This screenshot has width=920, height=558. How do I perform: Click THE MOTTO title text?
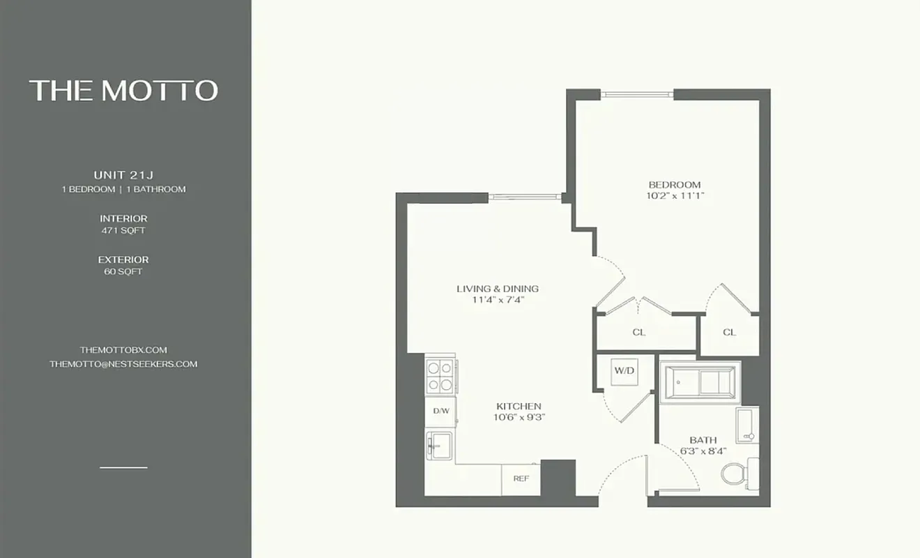(123, 91)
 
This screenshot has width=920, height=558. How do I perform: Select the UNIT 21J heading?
(123, 175)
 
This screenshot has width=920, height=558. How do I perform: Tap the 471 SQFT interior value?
(123, 230)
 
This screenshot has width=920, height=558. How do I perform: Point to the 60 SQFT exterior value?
(123, 271)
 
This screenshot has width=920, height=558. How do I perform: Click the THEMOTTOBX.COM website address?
(123, 349)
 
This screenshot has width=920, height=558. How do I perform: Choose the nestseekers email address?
(123, 363)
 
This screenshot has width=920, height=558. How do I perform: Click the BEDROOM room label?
(674, 185)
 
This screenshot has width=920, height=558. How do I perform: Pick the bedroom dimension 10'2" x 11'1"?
(674, 196)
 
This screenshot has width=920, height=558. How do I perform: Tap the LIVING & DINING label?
(497, 289)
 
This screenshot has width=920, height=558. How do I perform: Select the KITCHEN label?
(519, 406)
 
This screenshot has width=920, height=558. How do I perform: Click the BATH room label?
(703, 440)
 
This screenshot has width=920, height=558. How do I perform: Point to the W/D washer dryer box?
(624, 371)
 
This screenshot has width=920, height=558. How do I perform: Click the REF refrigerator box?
(521, 478)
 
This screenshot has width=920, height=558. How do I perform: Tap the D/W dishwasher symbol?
(440, 411)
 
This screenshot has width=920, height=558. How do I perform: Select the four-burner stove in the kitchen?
(440, 375)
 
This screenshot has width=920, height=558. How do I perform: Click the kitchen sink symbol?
(440, 444)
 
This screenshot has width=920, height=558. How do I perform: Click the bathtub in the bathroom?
(700, 382)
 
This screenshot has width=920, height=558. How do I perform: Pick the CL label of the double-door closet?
(638, 332)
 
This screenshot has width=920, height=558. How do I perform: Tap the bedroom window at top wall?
(638, 94)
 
